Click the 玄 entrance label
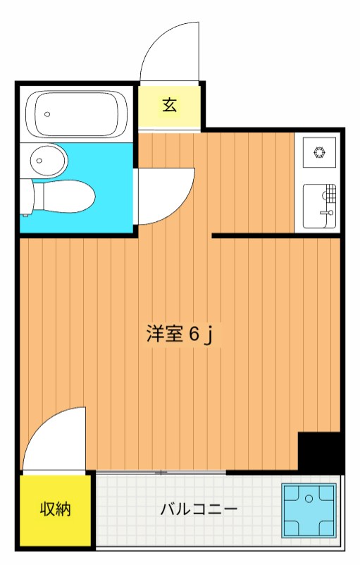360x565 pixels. [170, 106]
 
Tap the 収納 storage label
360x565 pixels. [54, 509]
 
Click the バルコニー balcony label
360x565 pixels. [198, 509]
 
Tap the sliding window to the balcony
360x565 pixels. [162, 472]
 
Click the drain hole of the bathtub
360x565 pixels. [48, 113]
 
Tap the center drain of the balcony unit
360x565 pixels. [309, 499]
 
